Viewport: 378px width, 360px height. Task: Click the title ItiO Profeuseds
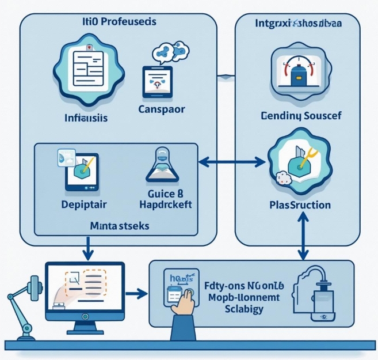click(119, 21)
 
